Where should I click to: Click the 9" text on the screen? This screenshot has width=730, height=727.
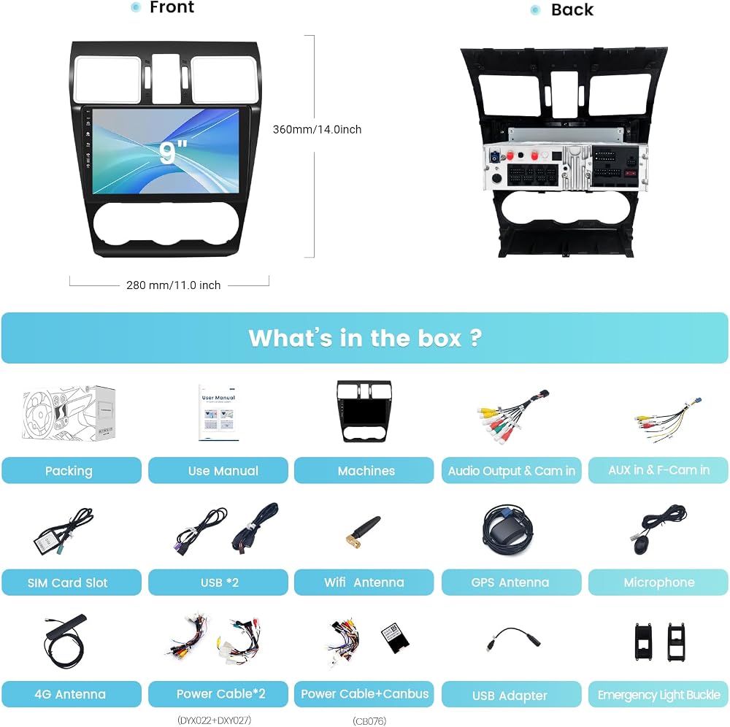[x=173, y=153]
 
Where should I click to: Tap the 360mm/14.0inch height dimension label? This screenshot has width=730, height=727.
[x=317, y=129]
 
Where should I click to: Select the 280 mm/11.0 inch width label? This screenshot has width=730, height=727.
[x=173, y=285]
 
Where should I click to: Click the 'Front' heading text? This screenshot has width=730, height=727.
[x=172, y=7]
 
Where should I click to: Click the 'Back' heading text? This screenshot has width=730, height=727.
[x=572, y=9]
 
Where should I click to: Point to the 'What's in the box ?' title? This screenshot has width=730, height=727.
[x=365, y=338]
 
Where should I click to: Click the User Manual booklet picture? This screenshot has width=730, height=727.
[x=218, y=412]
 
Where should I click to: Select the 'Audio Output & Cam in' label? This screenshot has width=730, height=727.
[x=511, y=471]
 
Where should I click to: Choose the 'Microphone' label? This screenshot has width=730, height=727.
[x=658, y=582]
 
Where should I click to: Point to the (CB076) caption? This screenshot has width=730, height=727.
[x=369, y=721]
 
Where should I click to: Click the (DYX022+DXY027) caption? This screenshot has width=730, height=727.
[x=214, y=720]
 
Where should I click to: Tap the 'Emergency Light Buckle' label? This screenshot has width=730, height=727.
[x=658, y=694]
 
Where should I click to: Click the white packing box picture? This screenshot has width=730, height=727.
[x=69, y=413]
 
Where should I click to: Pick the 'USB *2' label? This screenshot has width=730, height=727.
[x=218, y=582]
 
